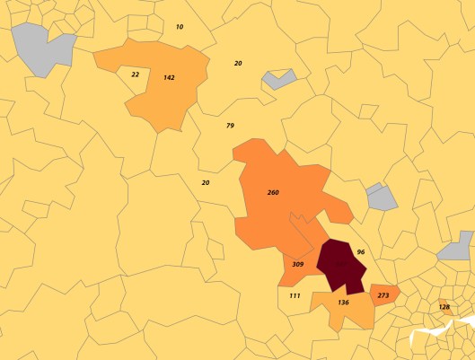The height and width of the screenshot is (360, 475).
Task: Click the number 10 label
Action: coord(180,27)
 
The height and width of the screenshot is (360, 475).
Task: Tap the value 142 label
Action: coord(169,78)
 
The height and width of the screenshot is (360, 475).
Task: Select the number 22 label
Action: coord(135,75)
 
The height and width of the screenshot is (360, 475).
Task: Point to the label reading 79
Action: coord(230,126)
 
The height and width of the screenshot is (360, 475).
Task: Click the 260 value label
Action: coord(273,193)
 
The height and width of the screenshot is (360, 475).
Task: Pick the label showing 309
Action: coord(297,265)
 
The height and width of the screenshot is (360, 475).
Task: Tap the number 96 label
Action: coord(361,253)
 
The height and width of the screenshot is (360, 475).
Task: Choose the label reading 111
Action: coord(295,295)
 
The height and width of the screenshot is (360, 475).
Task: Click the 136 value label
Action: coord(343,303)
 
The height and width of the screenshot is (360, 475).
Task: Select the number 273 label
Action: coord(383,295)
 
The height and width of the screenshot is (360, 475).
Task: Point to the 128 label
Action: coord(444,307)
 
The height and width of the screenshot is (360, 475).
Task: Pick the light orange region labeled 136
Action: coord(346,313)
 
